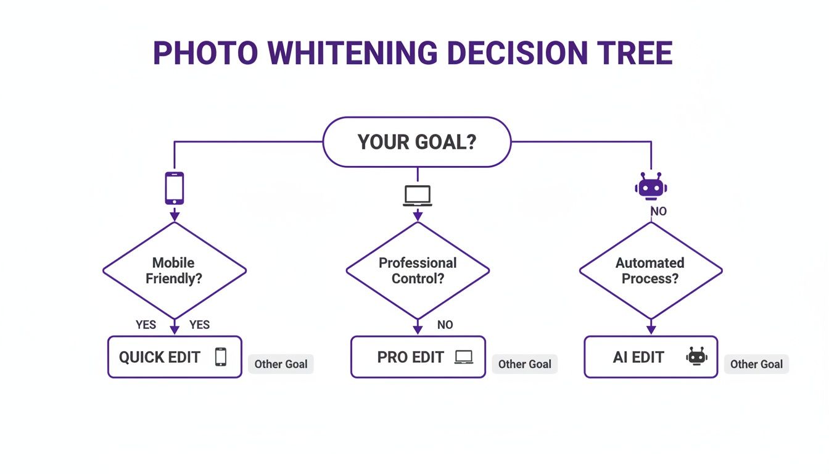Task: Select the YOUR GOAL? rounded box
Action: [417, 142]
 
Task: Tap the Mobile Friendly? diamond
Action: [174, 270]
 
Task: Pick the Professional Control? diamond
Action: [418, 270]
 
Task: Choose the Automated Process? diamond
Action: [650, 270]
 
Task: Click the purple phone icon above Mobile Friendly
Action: [175, 188]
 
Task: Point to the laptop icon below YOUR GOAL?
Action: [418, 195]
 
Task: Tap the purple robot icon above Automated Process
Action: [651, 186]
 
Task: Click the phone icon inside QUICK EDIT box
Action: [220, 357]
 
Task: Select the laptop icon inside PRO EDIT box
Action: [463, 357]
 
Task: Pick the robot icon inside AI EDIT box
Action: [696, 356]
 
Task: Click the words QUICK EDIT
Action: [159, 357]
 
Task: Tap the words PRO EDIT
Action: [410, 357]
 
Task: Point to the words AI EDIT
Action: [638, 357]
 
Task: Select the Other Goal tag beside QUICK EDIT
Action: [281, 364]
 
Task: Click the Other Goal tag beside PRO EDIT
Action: [524, 364]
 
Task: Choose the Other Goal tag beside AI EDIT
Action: [756, 364]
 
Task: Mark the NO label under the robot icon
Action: [659, 211]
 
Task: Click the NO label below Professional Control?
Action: [445, 325]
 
